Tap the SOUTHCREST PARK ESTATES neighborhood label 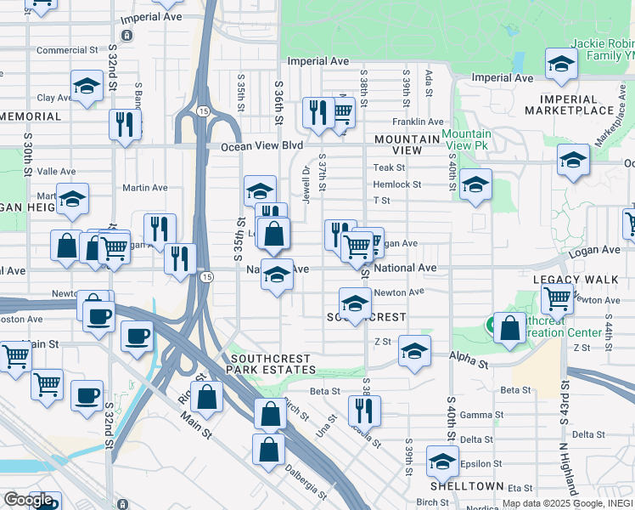coord(272,364)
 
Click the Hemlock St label coord(397,184)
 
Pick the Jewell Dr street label coord(306,183)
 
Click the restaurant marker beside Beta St coord(364,411)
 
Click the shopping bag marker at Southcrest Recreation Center coord(509,331)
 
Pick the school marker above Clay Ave coord(87,86)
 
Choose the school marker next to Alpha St coord(414,352)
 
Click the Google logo coord(28,500)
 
